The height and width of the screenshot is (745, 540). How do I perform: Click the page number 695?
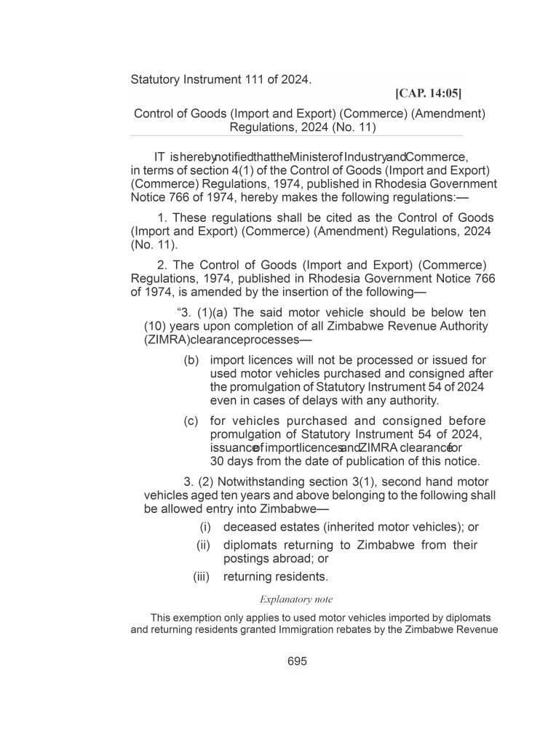pyautogui.click(x=297, y=661)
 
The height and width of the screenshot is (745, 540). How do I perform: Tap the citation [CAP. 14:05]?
pyautogui.click(x=428, y=93)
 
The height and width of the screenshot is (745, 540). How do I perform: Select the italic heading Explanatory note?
pyautogui.click(x=296, y=599)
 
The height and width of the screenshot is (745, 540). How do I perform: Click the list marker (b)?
pyautogui.click(x=191, y=360)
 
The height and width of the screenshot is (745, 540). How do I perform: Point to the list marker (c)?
pyautogui.click(x=191, y=421)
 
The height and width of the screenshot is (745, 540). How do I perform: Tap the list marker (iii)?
pyautogui.click(x=201, y=577)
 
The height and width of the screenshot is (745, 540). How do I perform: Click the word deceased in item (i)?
pyautogui.click(x=250, y=527)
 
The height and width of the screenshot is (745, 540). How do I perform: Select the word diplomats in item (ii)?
pyautogui.click(x=253, y=545)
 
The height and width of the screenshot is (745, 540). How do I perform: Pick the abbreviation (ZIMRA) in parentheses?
pyautogui.click(x=167, y=340)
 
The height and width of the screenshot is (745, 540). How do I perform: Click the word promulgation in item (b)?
pyautogui.click(x=266, y=387)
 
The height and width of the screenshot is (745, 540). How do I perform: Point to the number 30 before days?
pyautogui.click(x=217, y=461)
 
